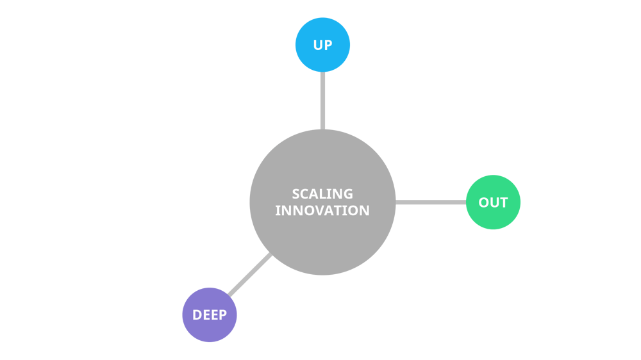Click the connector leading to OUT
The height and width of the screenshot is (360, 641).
click(x=431, y=202)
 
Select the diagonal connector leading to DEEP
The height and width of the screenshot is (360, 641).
click(x=251, y=275)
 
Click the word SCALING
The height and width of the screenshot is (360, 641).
click(x=322, y=193)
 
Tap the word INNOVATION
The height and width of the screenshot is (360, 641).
click(x=322, y=210)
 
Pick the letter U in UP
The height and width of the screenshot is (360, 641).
click(x=318, y=45)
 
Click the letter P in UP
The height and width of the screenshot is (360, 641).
click(x=328, y=45)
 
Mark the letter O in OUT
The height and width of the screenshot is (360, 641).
click(x=484, y=203)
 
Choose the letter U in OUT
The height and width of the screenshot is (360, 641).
click(x=494, y=203)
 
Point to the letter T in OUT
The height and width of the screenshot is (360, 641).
click(x=503, y=203)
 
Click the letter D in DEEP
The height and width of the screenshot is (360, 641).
click(x=197, y=315)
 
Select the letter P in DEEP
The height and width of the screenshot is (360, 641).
click(x=222, y=315)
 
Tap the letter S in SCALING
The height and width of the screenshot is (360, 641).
click(x=296, y=193)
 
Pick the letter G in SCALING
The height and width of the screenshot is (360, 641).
click(x=348, y=193)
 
